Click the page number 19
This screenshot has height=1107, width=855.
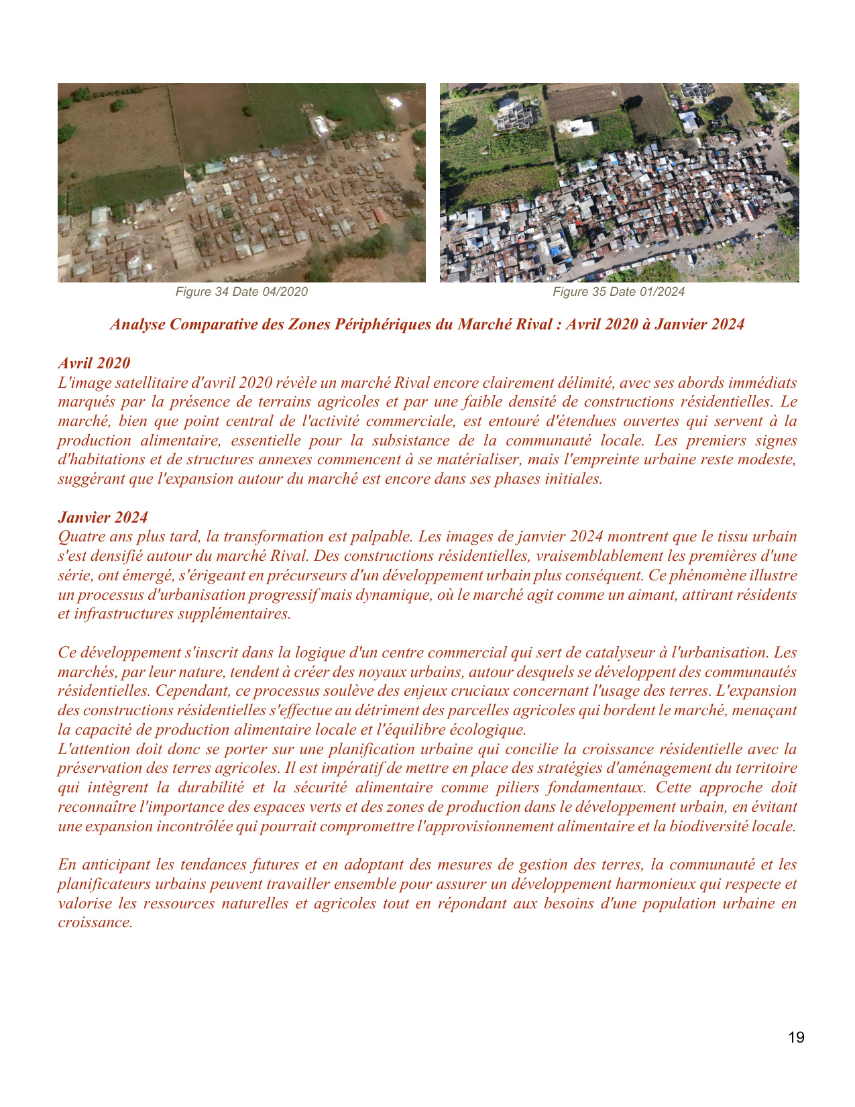pos(796,1038)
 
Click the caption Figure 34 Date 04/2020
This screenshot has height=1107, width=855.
pos(241,292)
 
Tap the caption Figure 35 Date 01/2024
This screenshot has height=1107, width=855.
pos(618,292)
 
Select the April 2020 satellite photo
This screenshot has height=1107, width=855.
pos(241,182)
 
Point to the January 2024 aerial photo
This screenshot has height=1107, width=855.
pos(619,182)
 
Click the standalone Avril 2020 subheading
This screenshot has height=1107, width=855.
pos(94,363)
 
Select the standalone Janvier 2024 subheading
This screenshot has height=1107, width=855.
pos(103,517)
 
